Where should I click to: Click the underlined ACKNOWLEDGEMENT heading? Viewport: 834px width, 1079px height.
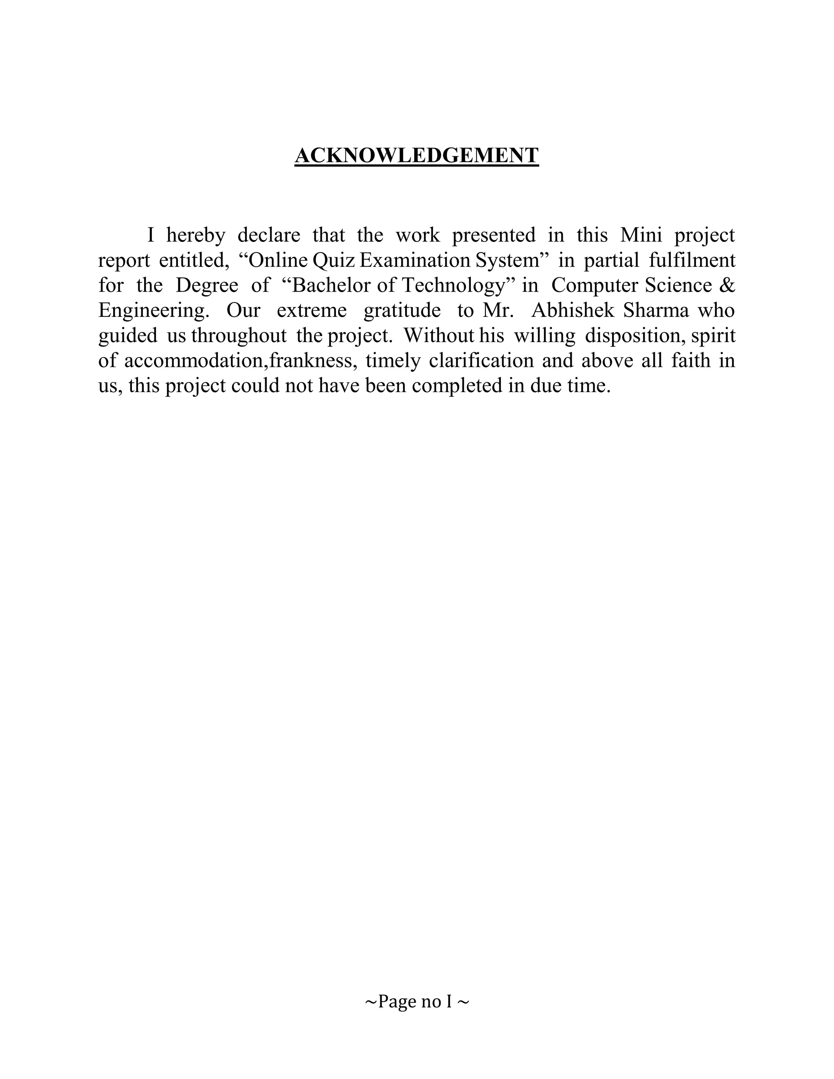(417, 155)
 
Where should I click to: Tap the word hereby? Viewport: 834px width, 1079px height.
(195, 235)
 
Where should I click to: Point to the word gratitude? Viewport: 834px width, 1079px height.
(402, 311)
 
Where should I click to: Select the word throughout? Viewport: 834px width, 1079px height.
(239, 336)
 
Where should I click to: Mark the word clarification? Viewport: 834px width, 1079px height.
(481, 361)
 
